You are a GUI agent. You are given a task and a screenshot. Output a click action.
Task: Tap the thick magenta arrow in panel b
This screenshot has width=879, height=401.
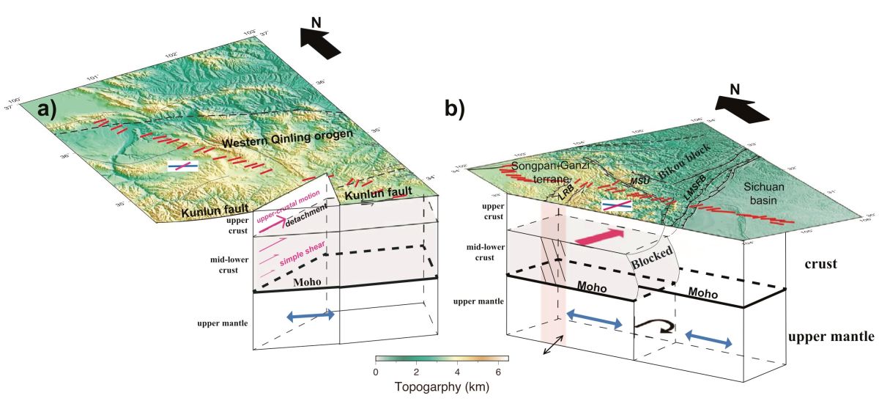601,235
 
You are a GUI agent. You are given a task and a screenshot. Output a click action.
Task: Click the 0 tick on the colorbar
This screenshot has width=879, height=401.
377,373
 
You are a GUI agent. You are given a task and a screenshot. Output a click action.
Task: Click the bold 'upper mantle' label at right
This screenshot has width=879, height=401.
831,338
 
